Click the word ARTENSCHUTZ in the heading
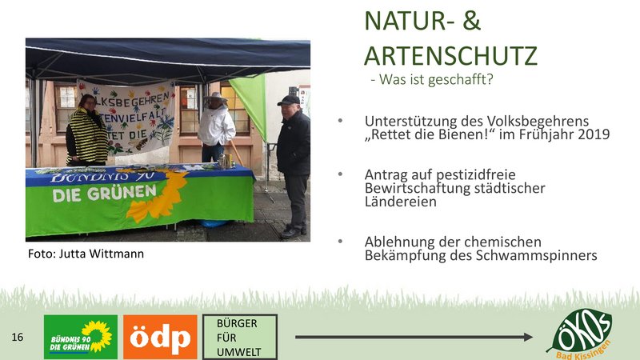(x=450, y=55)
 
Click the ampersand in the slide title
(x=471, y=21)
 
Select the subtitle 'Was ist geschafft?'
(x=436, y=78)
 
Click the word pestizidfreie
(x=475, y=175)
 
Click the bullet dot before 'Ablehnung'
(x=340, y=242)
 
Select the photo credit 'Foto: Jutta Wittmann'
(x=86, y=254)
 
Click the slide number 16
(x=17, y=337)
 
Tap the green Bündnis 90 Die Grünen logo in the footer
(x=81, y=337)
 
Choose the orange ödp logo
(x=160, y=337)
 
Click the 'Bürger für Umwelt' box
(x=240, y=337)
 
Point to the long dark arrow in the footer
(x=414, y=337)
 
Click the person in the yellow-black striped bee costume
(x=86, y=130)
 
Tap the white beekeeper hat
(x=215, y=98)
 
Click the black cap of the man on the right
(x=289, y=101)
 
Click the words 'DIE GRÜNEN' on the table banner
(x=105, y=194)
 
